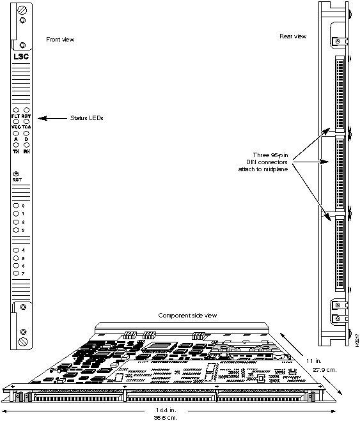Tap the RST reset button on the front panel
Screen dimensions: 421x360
point(17,173)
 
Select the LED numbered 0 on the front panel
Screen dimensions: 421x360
point(16,205)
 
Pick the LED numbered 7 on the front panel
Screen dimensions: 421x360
point(16,273)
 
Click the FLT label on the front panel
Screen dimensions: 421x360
point(15,116)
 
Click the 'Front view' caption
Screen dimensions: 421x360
point(61,40)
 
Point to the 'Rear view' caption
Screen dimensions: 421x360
point(292,36)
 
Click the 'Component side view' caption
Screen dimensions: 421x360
point(187,316)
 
